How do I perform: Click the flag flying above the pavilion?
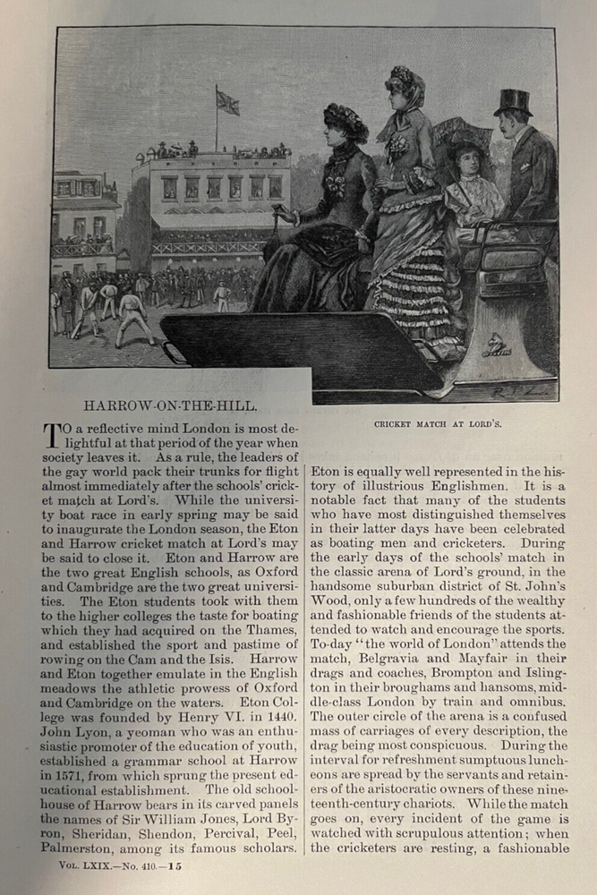[228, 103]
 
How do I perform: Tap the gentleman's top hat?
[513, 102]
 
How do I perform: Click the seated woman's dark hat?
[345, 120]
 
